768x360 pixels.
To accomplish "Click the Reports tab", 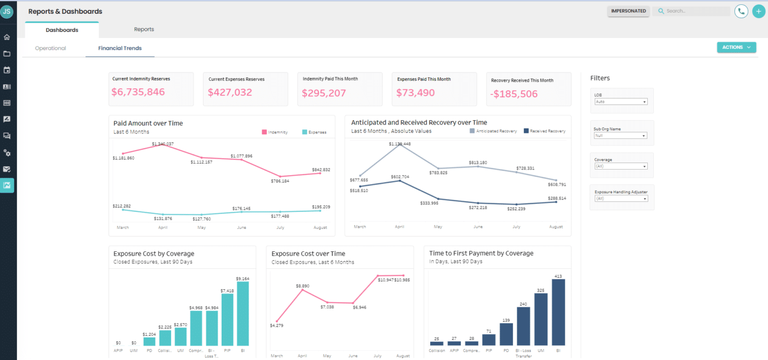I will (144, 29).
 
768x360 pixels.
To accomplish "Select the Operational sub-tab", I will (50, 48).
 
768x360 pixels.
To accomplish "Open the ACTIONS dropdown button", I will (736, 48).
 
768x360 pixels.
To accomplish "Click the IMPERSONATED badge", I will (628, 11).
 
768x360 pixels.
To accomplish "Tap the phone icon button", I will (742, 11).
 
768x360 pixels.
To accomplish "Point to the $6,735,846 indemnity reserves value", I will (138, 92).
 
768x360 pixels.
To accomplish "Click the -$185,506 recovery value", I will (514, 94).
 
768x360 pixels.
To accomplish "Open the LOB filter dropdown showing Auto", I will (621, 102).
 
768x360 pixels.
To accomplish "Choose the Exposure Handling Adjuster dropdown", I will (621, 199).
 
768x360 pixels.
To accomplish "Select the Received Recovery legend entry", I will (544, 131).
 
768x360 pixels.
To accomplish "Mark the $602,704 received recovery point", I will (399, 181).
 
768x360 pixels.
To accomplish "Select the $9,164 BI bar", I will (242, 313).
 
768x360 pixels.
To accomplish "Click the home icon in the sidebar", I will (7, 37).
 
